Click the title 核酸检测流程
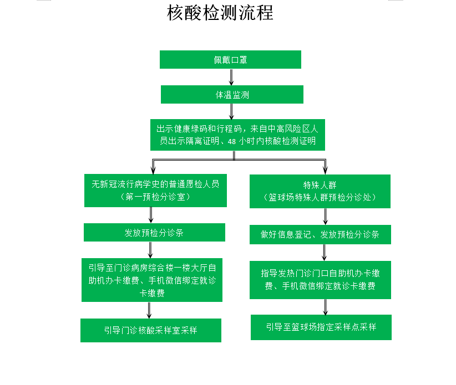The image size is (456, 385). pyautogui.click(x=220, y=13)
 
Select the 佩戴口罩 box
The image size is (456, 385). pyautogui.click(x=230, y=59)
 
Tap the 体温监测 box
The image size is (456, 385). pyautogui.click(x=232, y=94)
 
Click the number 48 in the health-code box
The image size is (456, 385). pyautogui.click(x=232, y=141)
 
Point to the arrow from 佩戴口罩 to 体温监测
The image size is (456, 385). pyautogui.click(x=231, y=77)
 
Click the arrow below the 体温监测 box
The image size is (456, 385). pyautogui.click(x=231, y=111)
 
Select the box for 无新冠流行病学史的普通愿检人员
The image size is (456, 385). pyautogui.click(x=155, y=191)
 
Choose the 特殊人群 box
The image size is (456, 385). pyautogui.click(x=320, y=191)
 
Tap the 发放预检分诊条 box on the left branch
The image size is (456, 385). pyautogui.click(x=154, y=232)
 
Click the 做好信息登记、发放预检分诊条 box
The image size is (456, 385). pyautogui.click(x=320, y=234)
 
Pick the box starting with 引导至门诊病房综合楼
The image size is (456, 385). pyautogui.click(x=152, y=280)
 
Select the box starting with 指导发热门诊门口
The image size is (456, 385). pyautogui.click(x=320, y=280)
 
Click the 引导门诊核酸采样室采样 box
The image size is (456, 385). pyautogui.click(x=151, y=330)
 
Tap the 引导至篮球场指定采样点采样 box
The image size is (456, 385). pyautogui.click(x=321, y=327)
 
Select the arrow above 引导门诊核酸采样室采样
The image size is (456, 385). pyautogui.click(x=149, y=310)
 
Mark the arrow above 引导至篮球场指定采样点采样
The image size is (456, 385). pyautogui.click(x=326, y=307)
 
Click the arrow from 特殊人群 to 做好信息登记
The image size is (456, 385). pyautogui.click(x=326, y=217)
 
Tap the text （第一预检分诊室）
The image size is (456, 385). pyautogui.click(x=155, y=197)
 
